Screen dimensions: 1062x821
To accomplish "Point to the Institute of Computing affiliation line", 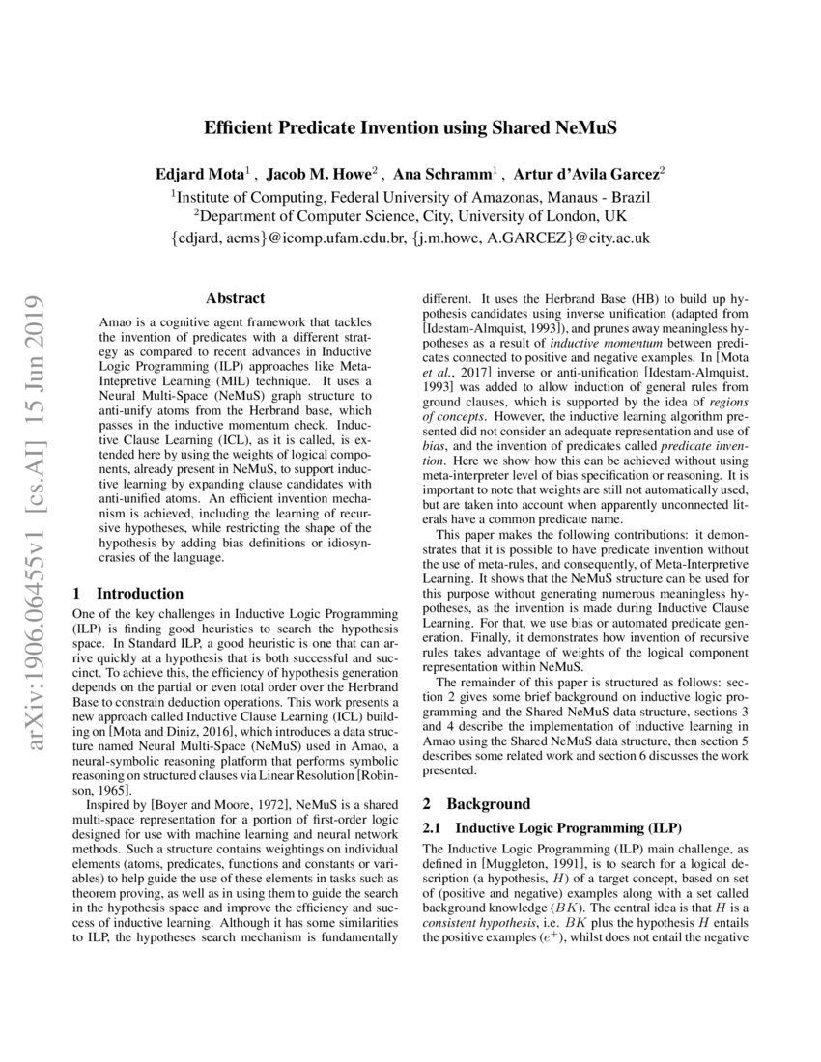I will [x=410, y=196].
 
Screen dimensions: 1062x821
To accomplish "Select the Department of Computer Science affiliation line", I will [x=410, y=215].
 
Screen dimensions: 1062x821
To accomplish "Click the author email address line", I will [x=410, y=238].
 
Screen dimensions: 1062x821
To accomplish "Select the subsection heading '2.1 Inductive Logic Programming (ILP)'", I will [x=552, y=827].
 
